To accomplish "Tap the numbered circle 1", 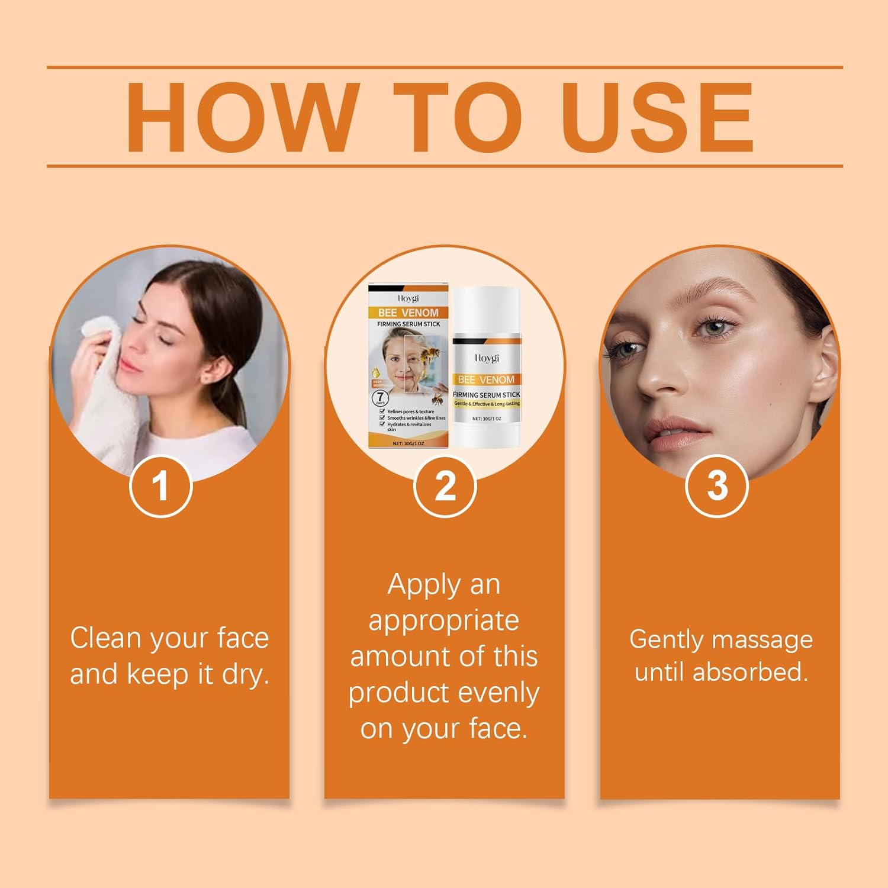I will [x=160, y=486].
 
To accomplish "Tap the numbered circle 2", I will [x=445, y=486].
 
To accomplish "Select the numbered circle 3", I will [x=717, y=486].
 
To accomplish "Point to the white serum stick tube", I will [x=487, y=367].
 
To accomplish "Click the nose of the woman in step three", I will [x=663, y=379].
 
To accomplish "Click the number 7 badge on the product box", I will [x=379, y=397].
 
